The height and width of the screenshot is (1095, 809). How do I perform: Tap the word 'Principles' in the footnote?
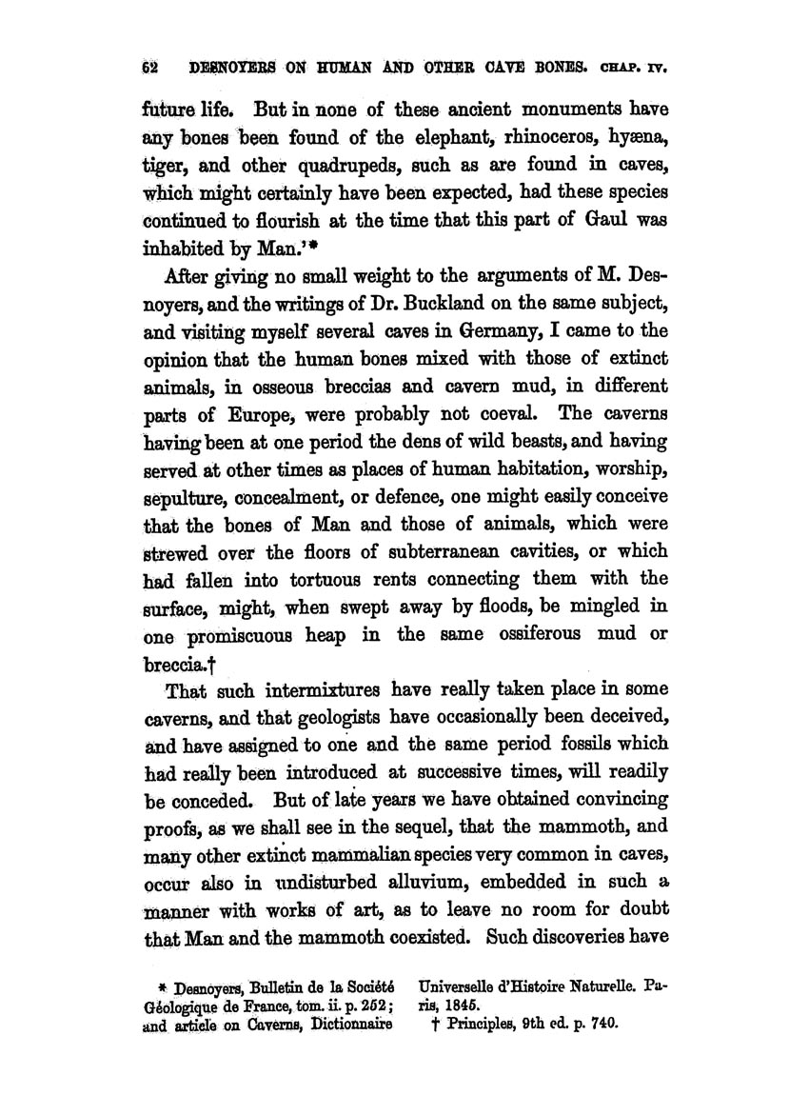click(492, 1024)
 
